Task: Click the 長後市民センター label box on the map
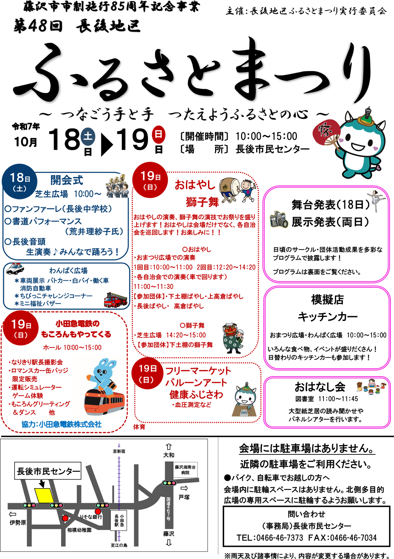(x=48, y=471)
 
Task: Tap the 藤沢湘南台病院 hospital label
(x=185, y=469)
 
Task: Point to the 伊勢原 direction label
(x=18, y=522)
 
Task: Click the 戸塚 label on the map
(x=184, y=497)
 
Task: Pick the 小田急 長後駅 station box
(x=119, y=520)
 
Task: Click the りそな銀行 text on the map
(x=91, y=516)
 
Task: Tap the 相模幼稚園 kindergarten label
(x=79, y=530)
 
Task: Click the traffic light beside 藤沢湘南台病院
(x=169, y=483)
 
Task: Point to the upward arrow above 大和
(x=169, y=446)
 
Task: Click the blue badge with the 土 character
(x=89, y=135)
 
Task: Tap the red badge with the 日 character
(x=158, y=133)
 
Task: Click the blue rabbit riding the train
(x=102, y=375)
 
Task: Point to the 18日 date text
(x=20, y=178)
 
